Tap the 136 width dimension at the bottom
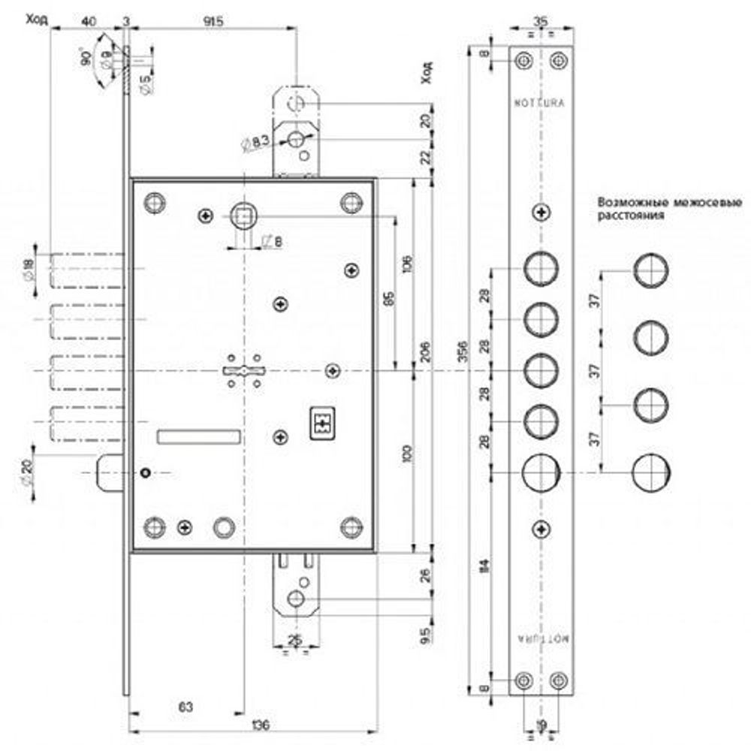click(260, 725)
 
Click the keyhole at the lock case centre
click(243, 371)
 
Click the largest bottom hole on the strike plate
click(541, 472)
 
